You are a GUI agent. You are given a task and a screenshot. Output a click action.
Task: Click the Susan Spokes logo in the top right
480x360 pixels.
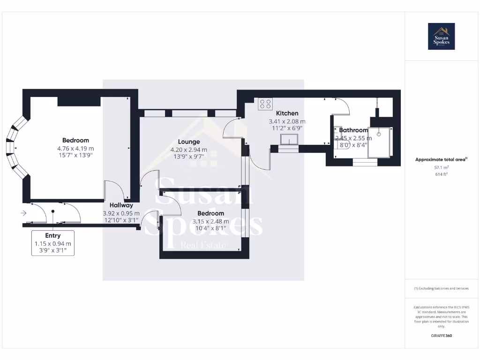point(441,37)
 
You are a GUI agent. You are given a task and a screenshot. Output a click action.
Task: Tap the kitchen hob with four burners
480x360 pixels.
point(265,104)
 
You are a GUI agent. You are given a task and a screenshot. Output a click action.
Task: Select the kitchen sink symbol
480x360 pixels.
point(289,139)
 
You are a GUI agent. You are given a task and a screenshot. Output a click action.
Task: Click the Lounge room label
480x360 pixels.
point(188,142)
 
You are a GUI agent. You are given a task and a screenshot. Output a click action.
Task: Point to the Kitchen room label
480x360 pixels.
point(287,113)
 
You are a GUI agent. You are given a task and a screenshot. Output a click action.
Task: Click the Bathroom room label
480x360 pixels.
point(353,130)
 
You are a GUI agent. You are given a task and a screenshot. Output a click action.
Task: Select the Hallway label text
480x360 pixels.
point(121,205)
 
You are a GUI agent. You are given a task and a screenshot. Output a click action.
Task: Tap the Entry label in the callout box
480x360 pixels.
point(52,235)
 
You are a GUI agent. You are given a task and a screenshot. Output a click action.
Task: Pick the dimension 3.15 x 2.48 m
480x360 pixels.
point(210,222)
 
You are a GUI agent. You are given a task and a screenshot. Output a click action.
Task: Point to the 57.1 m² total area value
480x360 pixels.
point(441,167)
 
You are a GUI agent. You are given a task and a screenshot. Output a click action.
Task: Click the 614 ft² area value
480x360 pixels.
point(441,174)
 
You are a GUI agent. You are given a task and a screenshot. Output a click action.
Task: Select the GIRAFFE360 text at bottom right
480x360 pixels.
point(441,336)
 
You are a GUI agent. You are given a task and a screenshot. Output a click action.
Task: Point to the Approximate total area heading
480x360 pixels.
point(441,160)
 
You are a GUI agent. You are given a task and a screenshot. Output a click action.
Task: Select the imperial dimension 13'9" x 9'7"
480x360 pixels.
point(188,157)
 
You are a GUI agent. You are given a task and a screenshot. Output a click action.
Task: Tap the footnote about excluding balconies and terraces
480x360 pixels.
point(441,288)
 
